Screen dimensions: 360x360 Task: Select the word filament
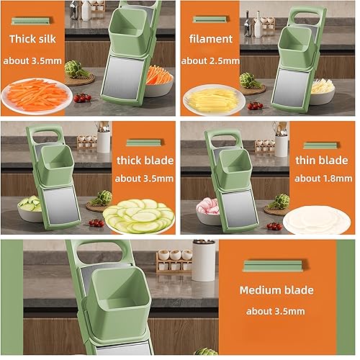coord(210,39)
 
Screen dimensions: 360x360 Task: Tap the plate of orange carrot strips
coord(37,96)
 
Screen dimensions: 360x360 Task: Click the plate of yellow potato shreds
coord(212,99)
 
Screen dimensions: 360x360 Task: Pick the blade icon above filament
coord(210,19)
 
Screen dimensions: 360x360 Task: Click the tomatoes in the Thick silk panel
coord(84,98)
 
